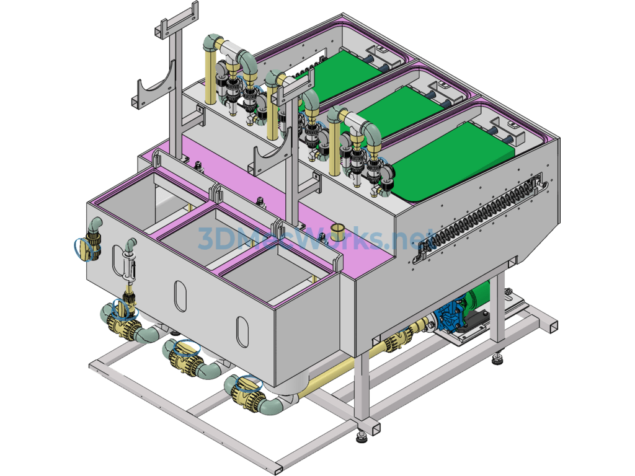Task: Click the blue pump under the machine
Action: (450, 315)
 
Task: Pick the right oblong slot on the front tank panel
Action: (242, 332)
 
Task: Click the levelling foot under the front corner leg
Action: (362, 436)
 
